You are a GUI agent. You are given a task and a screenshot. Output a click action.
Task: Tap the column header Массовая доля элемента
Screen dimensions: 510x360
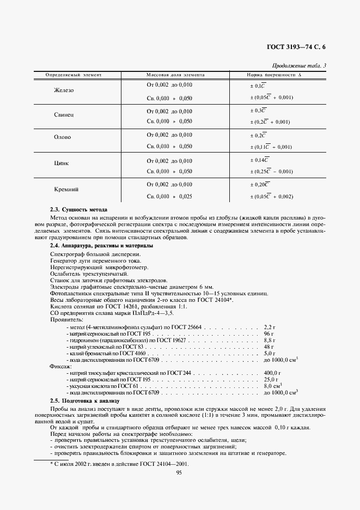click(x=175, y=75)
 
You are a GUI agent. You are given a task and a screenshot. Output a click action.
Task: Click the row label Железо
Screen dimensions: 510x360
click(x=64, y=90)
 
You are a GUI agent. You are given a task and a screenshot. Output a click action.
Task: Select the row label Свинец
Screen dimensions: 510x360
click(x=64, y=116)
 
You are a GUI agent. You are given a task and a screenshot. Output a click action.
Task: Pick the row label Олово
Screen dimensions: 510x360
click(x=62, y=137)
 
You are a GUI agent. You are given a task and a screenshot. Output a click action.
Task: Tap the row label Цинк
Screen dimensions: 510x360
click(x=61, y=163)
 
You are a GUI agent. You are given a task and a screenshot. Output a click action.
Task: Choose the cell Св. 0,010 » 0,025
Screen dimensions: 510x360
click(x=169, y=196)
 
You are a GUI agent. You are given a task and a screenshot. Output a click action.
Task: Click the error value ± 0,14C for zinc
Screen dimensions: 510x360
click(x=259, y=160)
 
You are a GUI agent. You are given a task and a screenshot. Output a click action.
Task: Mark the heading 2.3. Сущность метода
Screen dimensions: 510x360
click(x=78, y=210)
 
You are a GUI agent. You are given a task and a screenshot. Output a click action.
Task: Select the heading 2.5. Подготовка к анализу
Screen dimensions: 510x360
click(x=88, y=400)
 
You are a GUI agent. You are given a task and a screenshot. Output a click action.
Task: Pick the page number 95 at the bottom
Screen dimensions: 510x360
click(x=180, y=472)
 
